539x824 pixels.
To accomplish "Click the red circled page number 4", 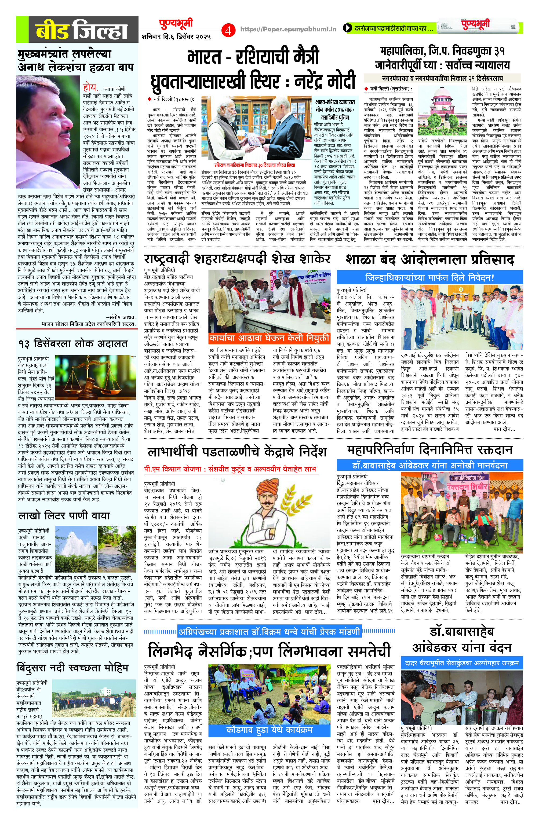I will [228, 31].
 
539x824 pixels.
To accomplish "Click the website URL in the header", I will [288, 30].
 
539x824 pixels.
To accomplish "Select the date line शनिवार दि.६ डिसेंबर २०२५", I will [176, 36].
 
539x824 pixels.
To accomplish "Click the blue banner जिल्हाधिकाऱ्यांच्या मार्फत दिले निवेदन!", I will [429, 278].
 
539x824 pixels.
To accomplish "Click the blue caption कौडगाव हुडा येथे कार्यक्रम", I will [269, 730].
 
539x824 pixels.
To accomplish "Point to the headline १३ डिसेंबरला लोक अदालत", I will [73, 343].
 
